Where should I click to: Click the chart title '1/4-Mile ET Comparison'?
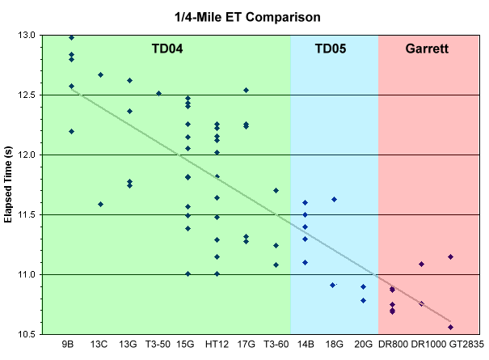[x=245, y=15]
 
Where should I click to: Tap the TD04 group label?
[x=167, y=49]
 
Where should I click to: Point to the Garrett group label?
[x=427, y=49]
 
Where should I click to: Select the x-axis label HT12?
[x=217, y=344]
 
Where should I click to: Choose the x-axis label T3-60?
[x=276, y=344]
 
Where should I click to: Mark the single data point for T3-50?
[x=158, y=93]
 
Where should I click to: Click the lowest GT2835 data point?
[x=450, y=327]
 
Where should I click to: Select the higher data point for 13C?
[x=100, y=74]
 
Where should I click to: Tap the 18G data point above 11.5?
[x=334, y=199]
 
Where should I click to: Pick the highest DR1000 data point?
[x=421, y=264]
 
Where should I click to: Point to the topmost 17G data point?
[x=246, y=90]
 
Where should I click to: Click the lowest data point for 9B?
[x=71, y=131]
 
